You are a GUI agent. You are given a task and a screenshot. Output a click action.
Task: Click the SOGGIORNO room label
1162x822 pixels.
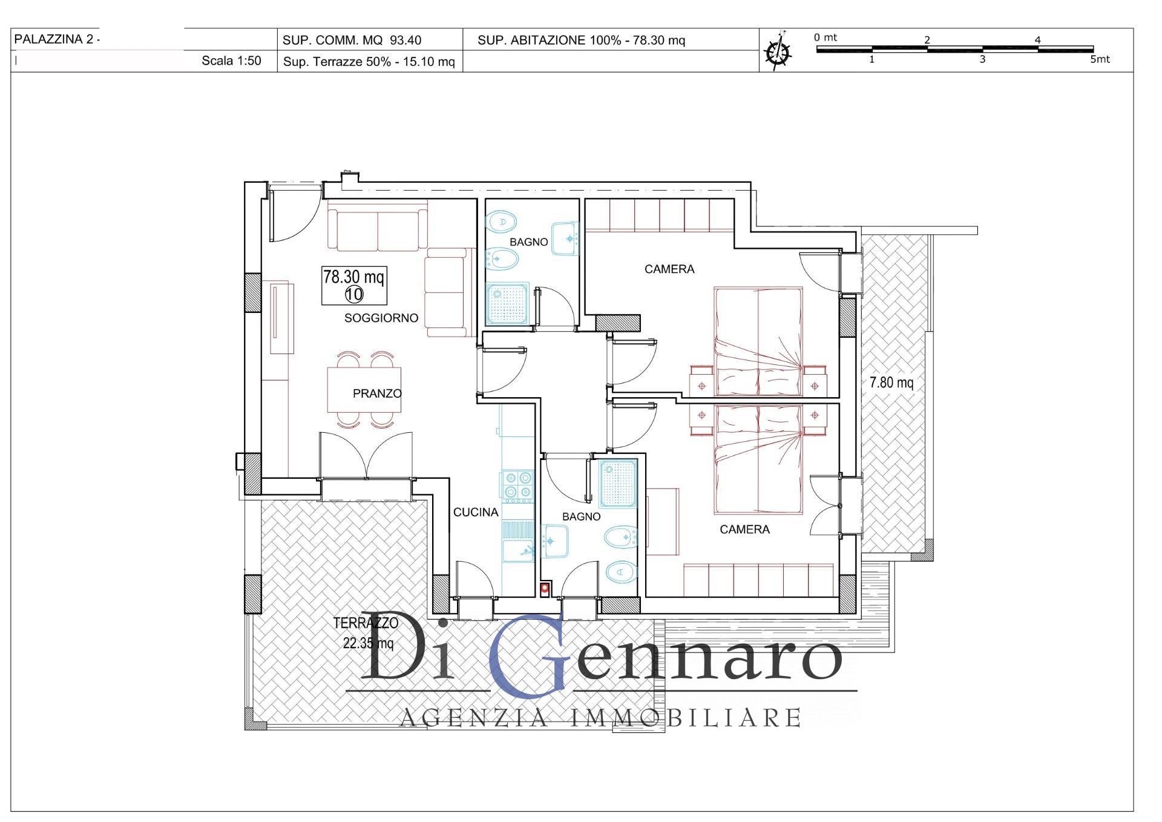point(381,318)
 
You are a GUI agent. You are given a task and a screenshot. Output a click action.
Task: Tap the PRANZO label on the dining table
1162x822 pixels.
point(377,393)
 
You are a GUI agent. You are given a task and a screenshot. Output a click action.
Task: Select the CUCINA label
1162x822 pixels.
point(476,512)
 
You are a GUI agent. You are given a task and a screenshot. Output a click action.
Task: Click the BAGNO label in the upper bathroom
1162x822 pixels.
point(528,242)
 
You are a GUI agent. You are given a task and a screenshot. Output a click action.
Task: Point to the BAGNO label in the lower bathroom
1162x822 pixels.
point(581,517)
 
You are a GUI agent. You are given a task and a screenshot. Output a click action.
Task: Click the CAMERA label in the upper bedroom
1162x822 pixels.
point(669,269)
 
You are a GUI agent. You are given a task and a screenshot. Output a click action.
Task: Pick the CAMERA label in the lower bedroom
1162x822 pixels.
point(744,530)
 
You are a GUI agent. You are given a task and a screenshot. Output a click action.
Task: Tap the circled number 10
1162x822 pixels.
point(354,295)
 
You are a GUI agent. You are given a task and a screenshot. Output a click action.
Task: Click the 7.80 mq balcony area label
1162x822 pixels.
point(891,383)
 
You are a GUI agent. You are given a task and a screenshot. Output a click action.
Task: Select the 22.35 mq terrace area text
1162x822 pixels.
point(368,643)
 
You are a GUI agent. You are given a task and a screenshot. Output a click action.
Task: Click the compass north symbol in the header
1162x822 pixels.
point(778,51)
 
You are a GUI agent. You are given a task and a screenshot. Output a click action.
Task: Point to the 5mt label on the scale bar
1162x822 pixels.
point(1100,60)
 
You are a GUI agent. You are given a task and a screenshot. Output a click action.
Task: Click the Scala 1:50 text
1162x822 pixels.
point(231,61)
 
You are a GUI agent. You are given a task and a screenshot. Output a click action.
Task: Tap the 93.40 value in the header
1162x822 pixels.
point(405,41)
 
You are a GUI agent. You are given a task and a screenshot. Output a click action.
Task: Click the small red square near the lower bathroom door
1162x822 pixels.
point(545,587)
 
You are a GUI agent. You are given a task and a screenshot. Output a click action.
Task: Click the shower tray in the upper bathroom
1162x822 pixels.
point(508,304)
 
